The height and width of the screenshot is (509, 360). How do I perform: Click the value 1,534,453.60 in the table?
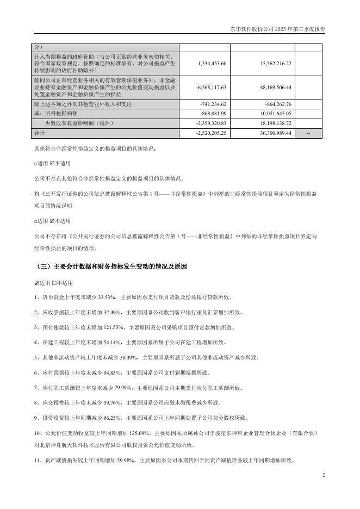211,64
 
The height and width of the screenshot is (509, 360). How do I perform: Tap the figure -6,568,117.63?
211,87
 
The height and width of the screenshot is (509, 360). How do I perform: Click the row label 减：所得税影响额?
57,113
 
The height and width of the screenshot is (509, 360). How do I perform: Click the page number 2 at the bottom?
323,476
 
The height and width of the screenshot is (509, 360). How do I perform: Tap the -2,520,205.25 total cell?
211,133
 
